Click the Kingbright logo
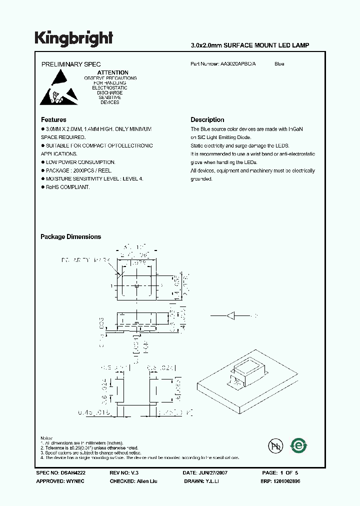coord(74,38)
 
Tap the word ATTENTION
coord(112,72)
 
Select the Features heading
coord(53,120)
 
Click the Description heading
coord(207,120)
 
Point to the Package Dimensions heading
coord(70,237)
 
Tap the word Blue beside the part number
coord(279,64)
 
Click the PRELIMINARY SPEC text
coord(70,64)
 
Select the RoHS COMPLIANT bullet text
coord(67,187)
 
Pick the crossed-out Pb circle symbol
coord(275,445)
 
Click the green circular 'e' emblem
coord(299,445)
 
